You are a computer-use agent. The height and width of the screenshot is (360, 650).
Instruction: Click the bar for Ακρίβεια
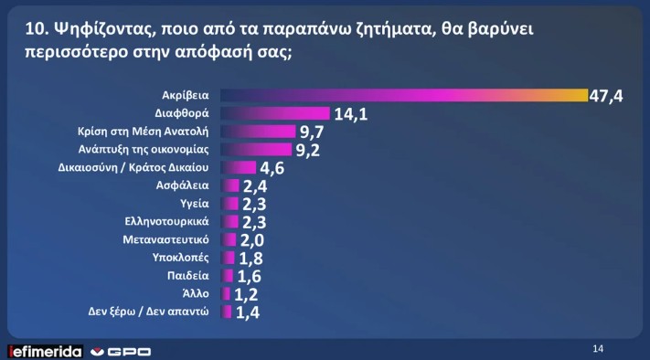pyautogui.click(x=402, y=96)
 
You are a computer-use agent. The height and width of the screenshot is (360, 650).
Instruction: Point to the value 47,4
pyautogui.click(x=607, y=97)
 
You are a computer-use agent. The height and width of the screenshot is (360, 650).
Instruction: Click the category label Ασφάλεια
pyautogui.click(x=186, y=185)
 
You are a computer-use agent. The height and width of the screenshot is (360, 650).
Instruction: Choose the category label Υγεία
pyautogui.click(x=196, y=204)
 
